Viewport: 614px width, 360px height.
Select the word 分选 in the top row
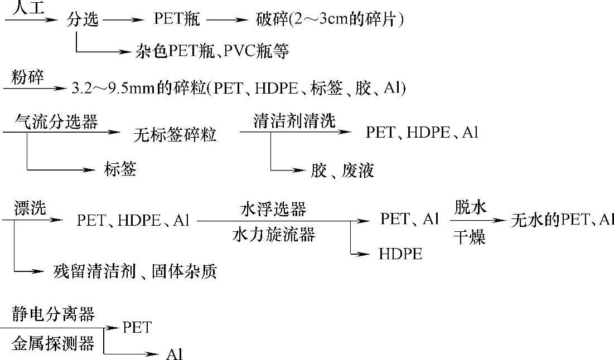pyautogui.click(x=83, y=20)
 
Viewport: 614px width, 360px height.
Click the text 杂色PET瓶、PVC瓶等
pyautogui.click(x=212, y=52)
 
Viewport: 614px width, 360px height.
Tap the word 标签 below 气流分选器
pyautogui.click(x=120, y=169)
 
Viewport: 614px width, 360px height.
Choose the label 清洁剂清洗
pyautogui.click(x=294, y=121)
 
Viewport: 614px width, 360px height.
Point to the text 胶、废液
pyautogui.click(x=342, y=170)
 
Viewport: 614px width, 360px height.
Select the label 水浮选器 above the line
pyautogui.click(x=273, y=209)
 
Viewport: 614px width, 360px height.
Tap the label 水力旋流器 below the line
pyautogui.click(x=273, y=235)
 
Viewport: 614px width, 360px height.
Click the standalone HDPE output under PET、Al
pyautogui.click(x=400, y=254)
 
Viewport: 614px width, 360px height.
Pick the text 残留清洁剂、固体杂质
pyautogui.click(x=135, y=271)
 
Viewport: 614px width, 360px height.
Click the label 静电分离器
pyautogui.click(x=54, y=314)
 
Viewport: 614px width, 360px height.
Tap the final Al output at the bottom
pyautogui.click(x=175, y=354)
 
